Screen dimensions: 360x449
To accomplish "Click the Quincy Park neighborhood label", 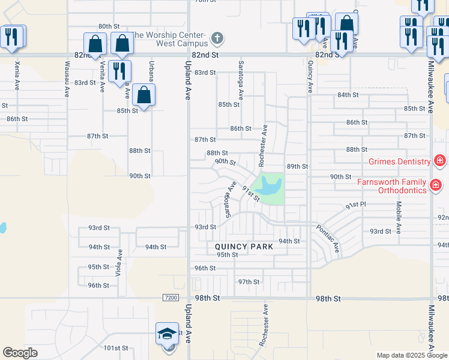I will tap(244, 247).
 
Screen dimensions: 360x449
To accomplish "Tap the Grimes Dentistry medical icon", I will tap(440, 161).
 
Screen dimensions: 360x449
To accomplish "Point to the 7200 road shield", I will tap(170, 298).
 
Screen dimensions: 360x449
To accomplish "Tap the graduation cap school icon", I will tap(167, 333).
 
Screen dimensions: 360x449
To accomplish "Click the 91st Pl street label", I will tap(355, 205).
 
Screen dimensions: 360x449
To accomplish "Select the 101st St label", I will tap(116, 348).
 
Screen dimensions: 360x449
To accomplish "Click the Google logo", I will tap(20, 353).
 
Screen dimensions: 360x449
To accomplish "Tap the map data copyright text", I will tap(412, 355).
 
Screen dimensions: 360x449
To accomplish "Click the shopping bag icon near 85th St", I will tap(144, 95).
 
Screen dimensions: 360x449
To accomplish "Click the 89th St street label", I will tap(297, 166).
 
